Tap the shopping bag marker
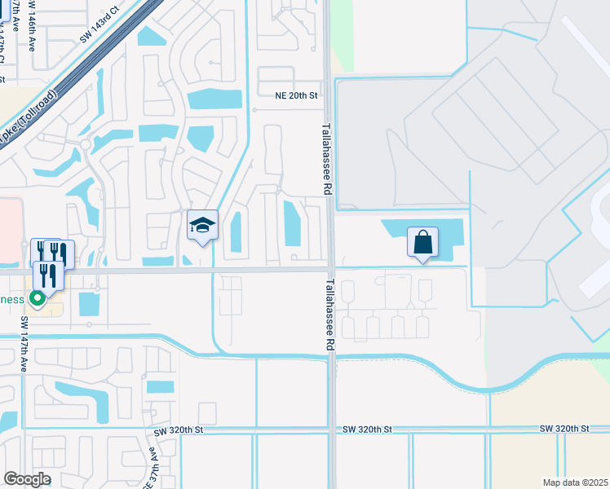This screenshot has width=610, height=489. [422, 243]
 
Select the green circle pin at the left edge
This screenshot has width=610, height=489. [36, 298]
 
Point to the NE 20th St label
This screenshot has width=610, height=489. [295, 95]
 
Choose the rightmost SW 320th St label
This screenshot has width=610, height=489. [564, 429]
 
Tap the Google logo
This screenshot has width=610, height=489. [27, 479]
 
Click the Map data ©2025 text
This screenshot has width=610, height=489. [575, 482]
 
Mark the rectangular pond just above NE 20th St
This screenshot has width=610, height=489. [214, 99]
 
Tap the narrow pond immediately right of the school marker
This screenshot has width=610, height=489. [236, 231]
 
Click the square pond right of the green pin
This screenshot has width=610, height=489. [88, 304]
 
